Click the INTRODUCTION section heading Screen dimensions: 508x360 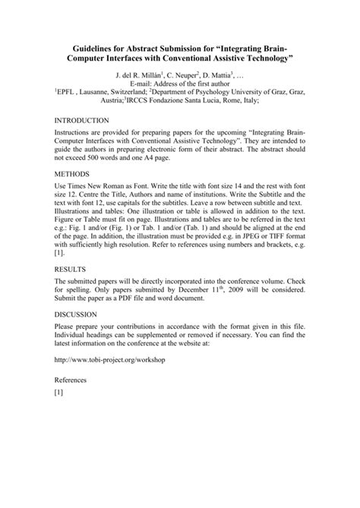[82, 121]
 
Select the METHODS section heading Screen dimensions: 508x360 [71, 174]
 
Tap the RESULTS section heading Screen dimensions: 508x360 [70, 269]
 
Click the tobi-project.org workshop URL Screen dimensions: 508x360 [109, 359]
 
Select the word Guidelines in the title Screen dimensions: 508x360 [93, 46]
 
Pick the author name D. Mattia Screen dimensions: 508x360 [222, 77]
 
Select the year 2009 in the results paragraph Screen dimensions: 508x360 [221, 289]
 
